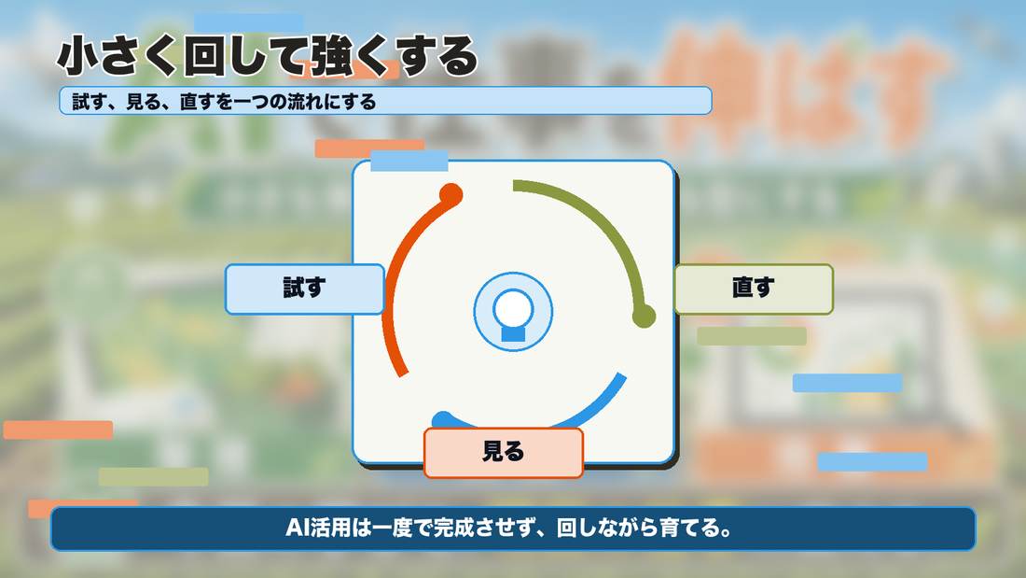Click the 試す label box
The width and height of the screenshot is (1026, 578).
[x=304, y=289]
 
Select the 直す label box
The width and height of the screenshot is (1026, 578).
[x=753, y=289]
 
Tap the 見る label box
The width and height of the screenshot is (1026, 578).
[x=503, y=452]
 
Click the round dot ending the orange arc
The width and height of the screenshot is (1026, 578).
[x=451, y=194]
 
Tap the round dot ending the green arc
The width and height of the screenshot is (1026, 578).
[x=644, y=316]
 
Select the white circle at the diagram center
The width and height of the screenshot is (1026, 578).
[x=513, y=308]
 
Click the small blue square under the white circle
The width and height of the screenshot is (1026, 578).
[x=513, y=334]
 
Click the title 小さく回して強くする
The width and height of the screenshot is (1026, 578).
[x=268, y=56]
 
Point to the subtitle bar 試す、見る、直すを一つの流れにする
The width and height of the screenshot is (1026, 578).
[x=385, y=101]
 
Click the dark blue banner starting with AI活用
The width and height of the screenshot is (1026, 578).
[x=513, y=529]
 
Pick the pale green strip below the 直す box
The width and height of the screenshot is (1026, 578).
[x=752, y=336]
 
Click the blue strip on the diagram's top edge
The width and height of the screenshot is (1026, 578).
[x=409, y=161]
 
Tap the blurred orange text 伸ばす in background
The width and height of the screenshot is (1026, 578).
[x=801, y=89]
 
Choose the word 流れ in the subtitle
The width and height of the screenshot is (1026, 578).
[x=305, y=102]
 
